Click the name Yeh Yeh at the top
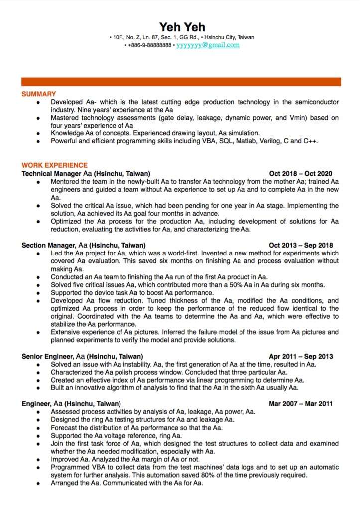click(182, 27)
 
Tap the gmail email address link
click(208, 45)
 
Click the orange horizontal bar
click(181, 82)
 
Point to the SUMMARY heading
click(39, 94)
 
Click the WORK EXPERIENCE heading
click(55, 165)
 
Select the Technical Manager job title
click(51, 174)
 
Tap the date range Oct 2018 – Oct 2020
click(300, 174)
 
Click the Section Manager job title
click(48, 246)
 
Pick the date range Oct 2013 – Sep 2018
click(301, 246)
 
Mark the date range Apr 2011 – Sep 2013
click(301, 357)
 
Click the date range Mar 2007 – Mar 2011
click(301, 404)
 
